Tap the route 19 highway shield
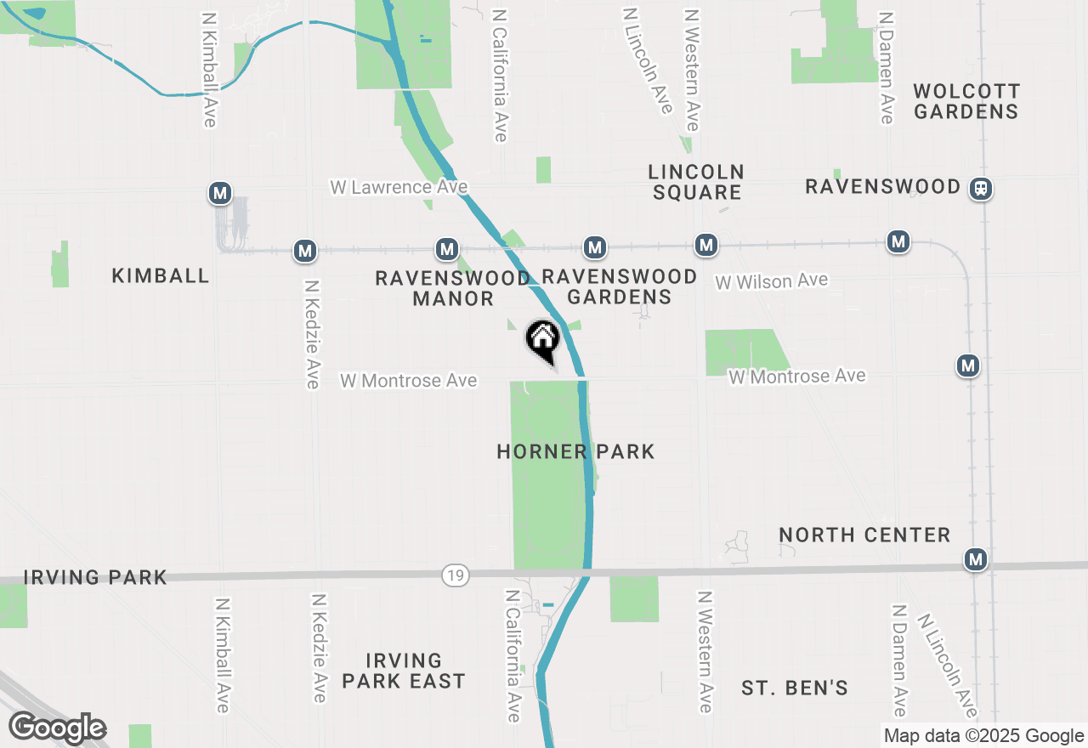click(456, 575)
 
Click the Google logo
click(57, 728)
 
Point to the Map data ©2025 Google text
click(983, 736)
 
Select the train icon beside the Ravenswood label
click(981, 188)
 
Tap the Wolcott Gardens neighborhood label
click(966, 101)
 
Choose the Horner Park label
click(575, 451)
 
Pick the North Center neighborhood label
click(864, 535)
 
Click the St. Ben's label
click(794, 688)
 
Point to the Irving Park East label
click(404, 671)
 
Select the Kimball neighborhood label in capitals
click(160, 275)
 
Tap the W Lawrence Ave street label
click(399, 186)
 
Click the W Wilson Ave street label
click(771, 281)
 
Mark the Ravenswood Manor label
click(453, 288)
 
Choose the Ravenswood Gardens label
click(619, 286)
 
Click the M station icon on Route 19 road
click(976, 559)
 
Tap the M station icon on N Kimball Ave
click(220, 194)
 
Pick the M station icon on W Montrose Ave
click(968, 366)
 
